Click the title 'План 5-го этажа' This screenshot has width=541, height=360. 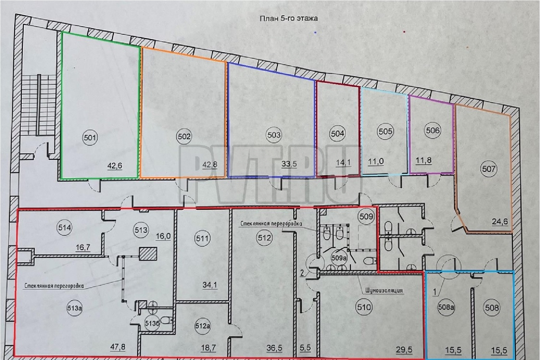click(x=288, y=19)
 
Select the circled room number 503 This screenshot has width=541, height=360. click(x=274, y=135)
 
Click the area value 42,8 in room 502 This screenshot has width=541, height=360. click(x=210, y=165)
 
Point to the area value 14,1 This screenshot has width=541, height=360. click(x=343, y=163)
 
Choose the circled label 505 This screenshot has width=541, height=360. click(x=385, y=131)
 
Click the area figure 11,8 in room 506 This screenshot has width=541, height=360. click(x=424, y=160)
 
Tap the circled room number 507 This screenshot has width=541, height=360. click(x=489, y=169)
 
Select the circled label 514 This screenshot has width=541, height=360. click(x=65, y=228)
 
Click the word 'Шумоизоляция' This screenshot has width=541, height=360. click(x=384, y=290)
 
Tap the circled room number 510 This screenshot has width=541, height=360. click(x=364, y=307)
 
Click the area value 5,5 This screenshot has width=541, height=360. click(x=305, y=348)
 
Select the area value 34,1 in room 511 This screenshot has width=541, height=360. click(x=210, y=285)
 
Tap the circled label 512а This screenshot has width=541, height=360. click(x=203, y=326)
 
